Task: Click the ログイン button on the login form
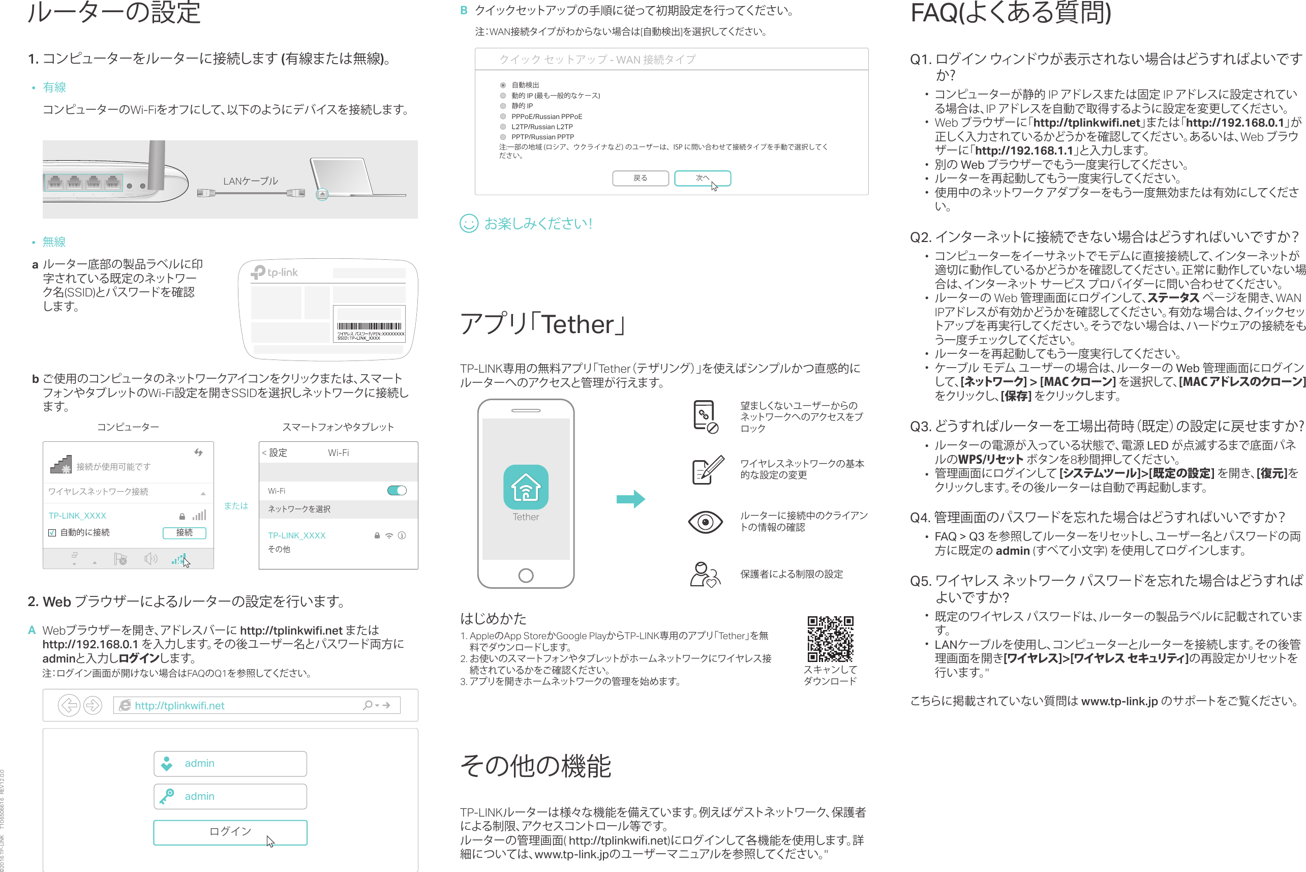point(230,832)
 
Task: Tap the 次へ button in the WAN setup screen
point(702,178)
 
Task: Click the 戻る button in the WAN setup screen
point(640,178)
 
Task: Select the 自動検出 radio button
point(503,85)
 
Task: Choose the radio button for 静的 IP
point(503,106)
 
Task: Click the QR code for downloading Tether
point(830,639)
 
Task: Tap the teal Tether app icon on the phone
point(526,487)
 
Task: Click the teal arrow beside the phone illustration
point(630,499)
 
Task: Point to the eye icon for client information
point(705,522)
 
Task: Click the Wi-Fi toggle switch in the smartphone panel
point(397,490)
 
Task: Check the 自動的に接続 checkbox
point(52,533)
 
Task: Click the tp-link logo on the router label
point(275,272)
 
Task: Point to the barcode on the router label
point(369,326)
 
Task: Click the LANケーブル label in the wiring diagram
point(250,182)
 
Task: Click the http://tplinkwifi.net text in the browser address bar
point(179,705)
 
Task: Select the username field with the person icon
point(230,764)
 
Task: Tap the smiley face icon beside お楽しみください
point(469,224)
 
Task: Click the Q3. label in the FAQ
point(921,427)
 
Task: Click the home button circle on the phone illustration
point(526,575)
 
